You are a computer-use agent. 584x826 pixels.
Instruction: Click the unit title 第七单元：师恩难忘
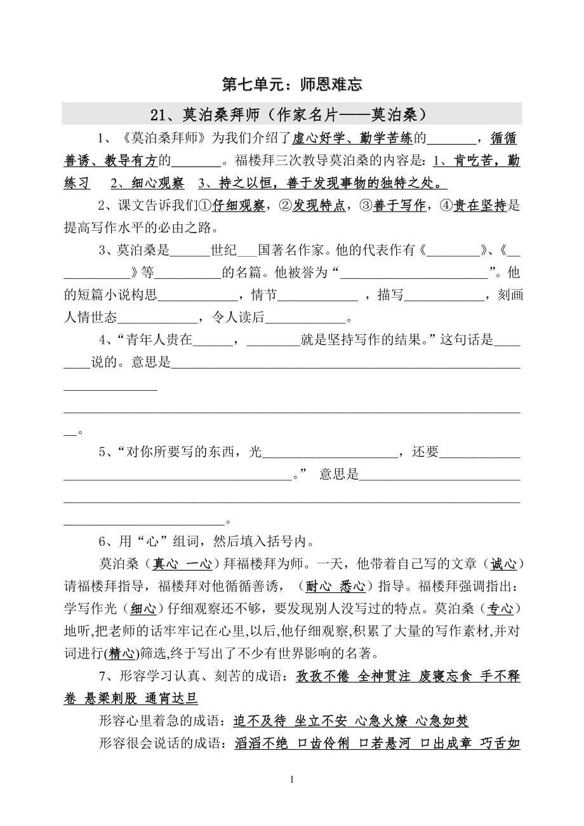(x=292, y=85)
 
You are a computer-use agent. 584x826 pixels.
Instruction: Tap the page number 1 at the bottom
(x=291, y=780)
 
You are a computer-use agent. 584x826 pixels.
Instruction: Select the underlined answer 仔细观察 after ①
(x=238, y=205)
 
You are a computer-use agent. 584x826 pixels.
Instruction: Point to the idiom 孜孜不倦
(x=322, y=676)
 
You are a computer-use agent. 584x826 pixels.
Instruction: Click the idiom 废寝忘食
(x=446, y=676)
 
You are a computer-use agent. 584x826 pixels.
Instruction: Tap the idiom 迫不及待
(x=259, y=721)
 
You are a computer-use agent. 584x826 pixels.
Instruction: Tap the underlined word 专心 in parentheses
(x=500, y=608)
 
